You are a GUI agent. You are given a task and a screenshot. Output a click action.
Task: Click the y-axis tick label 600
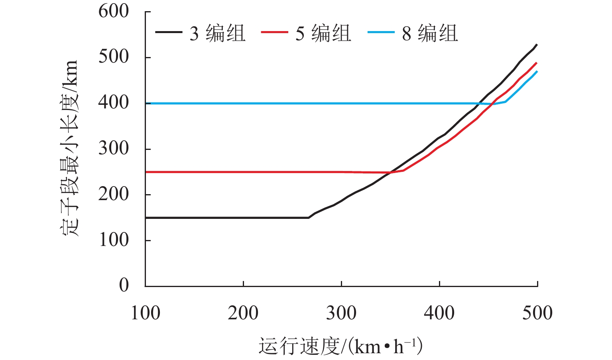coord(114,12)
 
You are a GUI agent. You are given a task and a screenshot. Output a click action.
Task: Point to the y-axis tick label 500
coord(114,57)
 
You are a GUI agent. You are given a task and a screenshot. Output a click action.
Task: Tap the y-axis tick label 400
coord(114,103)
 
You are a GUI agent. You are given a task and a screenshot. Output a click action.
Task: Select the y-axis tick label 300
coord(114,149)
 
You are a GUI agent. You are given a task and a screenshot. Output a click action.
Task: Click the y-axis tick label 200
coord(114,195)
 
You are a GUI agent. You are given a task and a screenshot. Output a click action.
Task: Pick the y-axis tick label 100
coord(114,240)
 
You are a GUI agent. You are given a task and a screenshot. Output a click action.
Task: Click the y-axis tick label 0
coord(124,285)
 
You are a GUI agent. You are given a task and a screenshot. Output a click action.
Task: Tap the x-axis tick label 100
coord(146,313)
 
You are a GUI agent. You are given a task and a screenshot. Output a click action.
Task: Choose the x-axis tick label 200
coord(243,313)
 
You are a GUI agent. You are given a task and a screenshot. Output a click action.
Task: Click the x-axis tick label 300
coord(341,313)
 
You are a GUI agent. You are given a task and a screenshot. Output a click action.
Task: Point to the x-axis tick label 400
coord(439,313)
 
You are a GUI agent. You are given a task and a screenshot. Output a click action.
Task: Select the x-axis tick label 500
coord(537,313)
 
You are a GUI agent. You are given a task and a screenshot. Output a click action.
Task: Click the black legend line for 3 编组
coord(169,33)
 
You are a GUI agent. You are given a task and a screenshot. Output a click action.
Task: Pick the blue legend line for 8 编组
coord(381,33)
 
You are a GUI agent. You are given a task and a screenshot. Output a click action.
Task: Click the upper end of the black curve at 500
coord(537,45)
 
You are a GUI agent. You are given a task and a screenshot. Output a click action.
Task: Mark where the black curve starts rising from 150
coord(309,218)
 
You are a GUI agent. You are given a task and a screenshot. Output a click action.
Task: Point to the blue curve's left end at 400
coord(146,103)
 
